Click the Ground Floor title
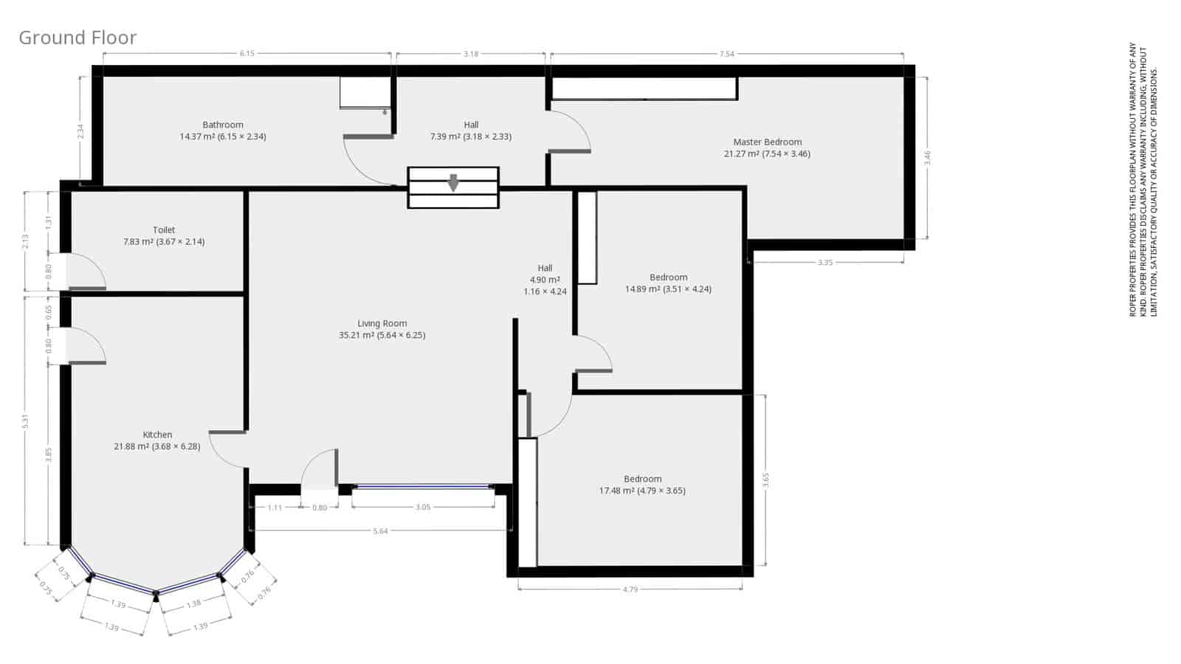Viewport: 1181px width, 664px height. tap(78, 38)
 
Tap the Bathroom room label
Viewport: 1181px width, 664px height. tap(223, 125)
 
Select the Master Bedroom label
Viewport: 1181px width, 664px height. tap(767, 142)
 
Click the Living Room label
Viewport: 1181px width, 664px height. tap(382, 323)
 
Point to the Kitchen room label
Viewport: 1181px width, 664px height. tap(157, 435)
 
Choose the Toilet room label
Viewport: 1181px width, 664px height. tap(164, 230)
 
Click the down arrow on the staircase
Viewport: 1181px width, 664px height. tap(453, 182)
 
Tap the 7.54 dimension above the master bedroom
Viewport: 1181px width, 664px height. tap(726, 54)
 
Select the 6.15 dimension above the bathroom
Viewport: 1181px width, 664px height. tap(247, 54)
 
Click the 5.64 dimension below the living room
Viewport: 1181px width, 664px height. tap(380, 531)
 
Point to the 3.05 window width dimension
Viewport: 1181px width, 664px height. tap(423, 508)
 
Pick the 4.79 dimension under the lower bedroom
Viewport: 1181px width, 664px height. tap(630, 589)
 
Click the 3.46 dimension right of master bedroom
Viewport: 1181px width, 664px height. tap(928, 157)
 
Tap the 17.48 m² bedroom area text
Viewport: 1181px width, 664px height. tap(642, 491)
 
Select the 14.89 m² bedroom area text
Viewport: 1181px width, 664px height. tap(668, 289)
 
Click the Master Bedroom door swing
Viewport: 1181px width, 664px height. tap(570, 131)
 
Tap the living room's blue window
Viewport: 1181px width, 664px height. tap(423, 487)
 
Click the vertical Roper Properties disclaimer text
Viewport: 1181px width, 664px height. tap(1143, 181)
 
